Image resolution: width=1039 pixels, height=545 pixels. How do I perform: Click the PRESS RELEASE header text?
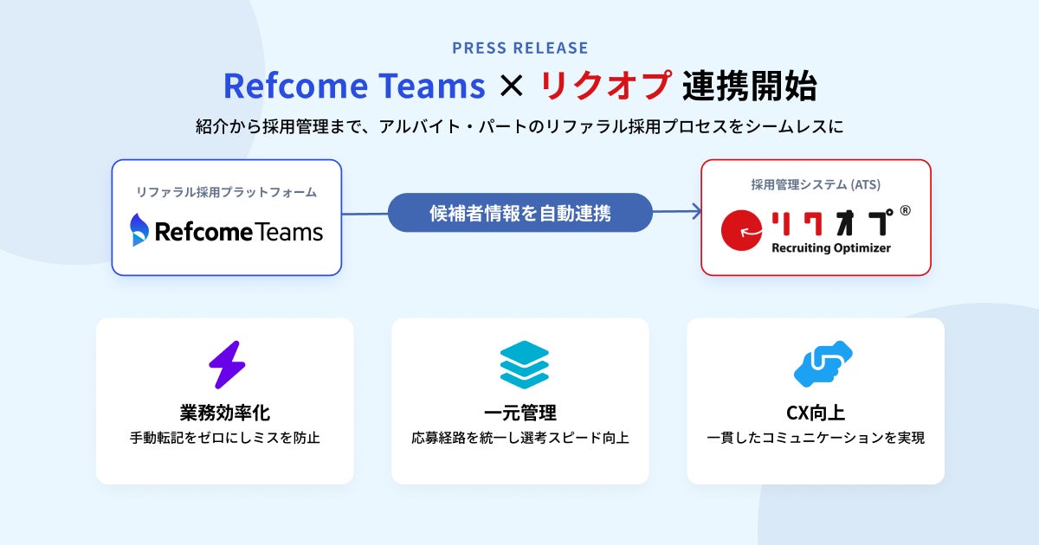pyautogui.click(x=520, y=48)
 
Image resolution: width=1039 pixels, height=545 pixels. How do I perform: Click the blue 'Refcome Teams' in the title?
pyautogui.click(x=354, y=86)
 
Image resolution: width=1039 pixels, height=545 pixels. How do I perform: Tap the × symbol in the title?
pyautogui.click(x=512, y=87)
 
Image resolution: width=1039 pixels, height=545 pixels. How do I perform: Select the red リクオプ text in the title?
pyautogui.click(x=606, y=86)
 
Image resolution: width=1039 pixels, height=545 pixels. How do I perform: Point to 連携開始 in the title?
pyautogui.click(x=750, y=86)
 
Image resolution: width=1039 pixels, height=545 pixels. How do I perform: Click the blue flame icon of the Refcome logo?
pyautogui.click(x=139, y=229)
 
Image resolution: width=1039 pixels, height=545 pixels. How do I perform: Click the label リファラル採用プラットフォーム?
pyautogui.click(x=226, y=192)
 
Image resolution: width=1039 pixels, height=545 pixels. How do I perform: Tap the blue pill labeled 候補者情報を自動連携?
pyautogui.click(x=520, y=213)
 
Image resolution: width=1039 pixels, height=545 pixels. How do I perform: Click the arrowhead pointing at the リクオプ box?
pyautogui.click(x=696, y=212)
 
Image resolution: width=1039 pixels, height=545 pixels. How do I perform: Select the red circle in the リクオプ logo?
pyautogui.click(x=741, y=230)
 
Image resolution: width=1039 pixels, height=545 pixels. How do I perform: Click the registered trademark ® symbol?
pyautogui.click(x=905, y=211)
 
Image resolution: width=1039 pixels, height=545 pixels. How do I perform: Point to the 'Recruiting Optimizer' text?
pyautogui.click(x=831, y=248)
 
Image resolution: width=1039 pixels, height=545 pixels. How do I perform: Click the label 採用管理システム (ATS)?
pyautogui.click(x=816, y=184)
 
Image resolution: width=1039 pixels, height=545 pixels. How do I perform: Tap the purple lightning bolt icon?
pyautogui.click(x=227, y=365)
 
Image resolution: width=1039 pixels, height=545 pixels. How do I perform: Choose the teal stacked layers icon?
pyautogui.click(x=525, y=365)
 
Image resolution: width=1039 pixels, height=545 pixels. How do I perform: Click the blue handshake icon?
pyautogui.click(x=823, y=364)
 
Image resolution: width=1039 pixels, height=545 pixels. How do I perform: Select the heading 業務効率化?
pyautogui.click(x=225, y=413)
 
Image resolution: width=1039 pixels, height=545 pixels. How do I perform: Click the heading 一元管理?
pyautogui.click(x=520, y=413)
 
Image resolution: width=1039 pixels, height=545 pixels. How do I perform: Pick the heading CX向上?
pyautogui.click(x=816, y=413)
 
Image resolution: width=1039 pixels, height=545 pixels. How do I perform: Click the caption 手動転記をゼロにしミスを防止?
pyautogui.click(x=225, y=438)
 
